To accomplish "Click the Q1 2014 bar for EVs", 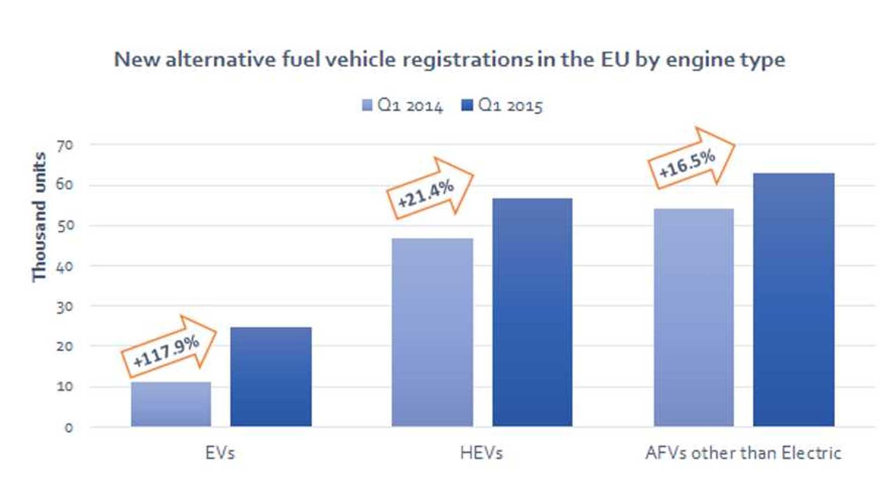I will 171,404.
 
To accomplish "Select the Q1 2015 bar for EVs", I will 271,377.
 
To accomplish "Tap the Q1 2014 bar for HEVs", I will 432,332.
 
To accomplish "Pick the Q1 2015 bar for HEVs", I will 532,312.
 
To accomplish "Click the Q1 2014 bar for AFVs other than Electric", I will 693,317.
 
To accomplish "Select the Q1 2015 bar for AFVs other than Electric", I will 793,300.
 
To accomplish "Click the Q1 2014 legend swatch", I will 367,105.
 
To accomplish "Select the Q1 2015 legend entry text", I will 511,106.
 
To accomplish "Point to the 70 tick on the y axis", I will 65,146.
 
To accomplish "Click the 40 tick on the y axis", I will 65,267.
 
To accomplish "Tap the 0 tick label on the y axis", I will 69,428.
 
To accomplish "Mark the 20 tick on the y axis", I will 65,347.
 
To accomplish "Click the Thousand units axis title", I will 39,217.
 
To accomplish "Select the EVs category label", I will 220,453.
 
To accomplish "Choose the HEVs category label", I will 481,453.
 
